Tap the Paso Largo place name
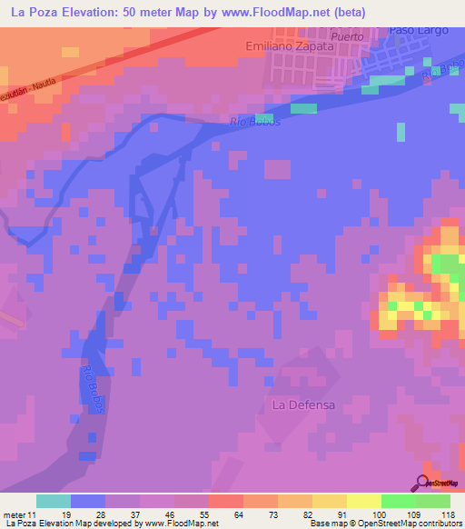(419, 30)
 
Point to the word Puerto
(347, 36)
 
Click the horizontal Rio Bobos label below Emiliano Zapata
(255, 122)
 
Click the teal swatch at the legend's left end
(54, 501)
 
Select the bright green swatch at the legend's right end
(433, 501)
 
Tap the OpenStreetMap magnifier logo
(423, 483)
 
